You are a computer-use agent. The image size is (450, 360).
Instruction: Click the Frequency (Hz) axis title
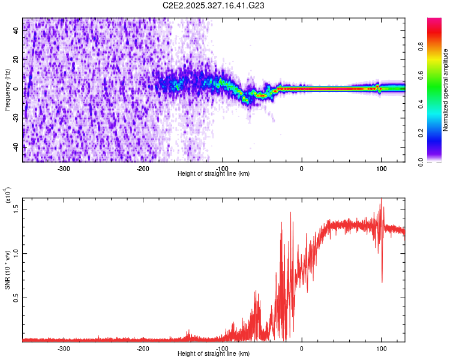click(7, 90)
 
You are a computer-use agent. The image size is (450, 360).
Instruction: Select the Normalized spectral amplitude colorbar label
click(446, 90)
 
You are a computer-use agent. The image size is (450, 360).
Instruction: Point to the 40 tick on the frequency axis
click(17, 31)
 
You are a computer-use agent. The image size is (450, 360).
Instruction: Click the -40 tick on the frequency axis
click(17, 146)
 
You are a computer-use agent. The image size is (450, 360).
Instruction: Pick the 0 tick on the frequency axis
click(17, 89)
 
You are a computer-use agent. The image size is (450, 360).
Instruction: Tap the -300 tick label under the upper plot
click(64, 168)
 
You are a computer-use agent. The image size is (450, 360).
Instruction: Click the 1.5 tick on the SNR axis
click(17, 208)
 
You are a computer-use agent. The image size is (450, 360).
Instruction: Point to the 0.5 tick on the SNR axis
click(17, 297)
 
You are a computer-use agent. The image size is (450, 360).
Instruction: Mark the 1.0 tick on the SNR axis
click(17, 253)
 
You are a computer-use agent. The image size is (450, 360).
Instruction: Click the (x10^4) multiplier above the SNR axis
click(8, 195)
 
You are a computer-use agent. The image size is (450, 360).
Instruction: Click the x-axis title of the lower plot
click(213, 354)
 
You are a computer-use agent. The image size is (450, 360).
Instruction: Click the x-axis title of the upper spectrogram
click(213, 174)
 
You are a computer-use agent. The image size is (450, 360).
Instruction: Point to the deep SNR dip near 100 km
click(382, 281)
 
